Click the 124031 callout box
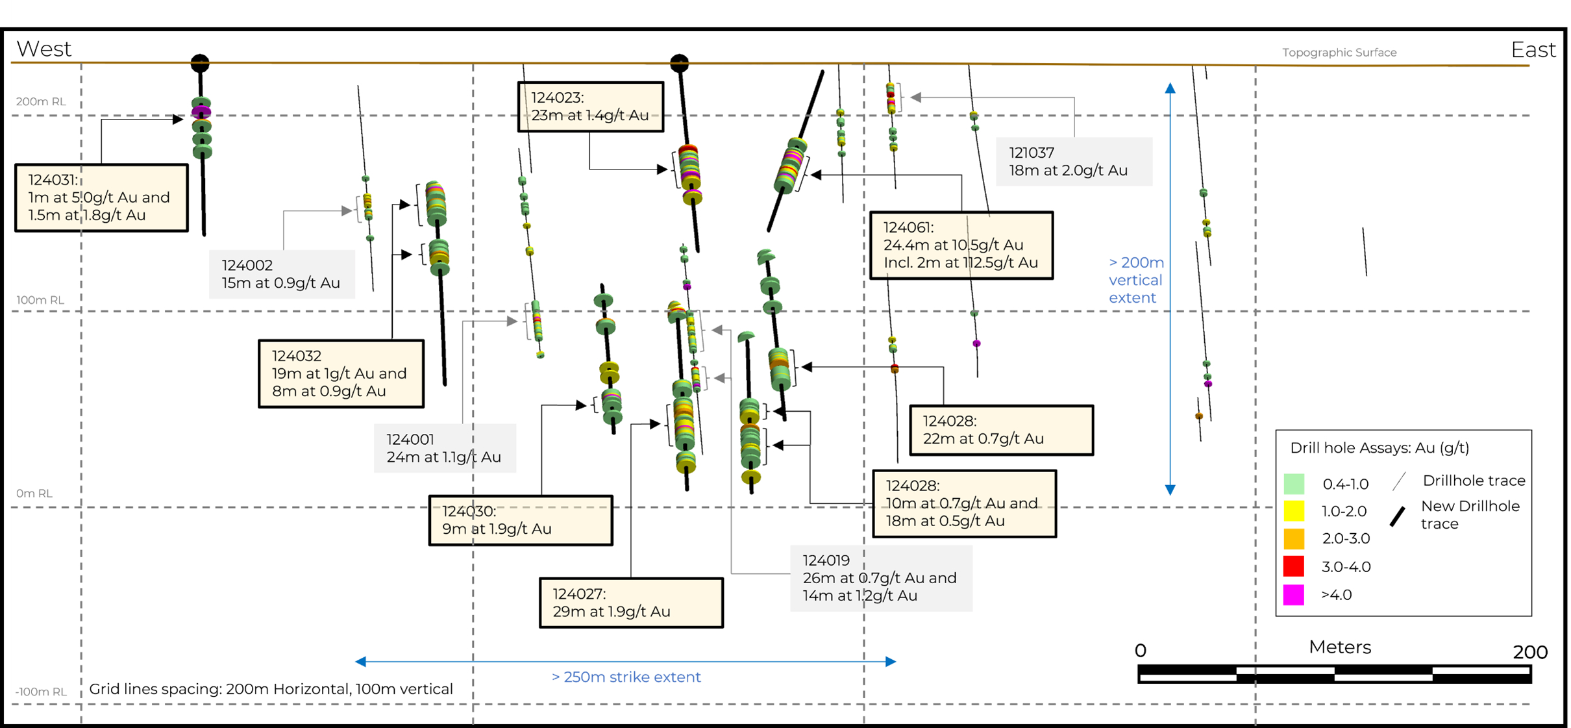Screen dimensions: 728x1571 point(101,197)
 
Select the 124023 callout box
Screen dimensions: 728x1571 point(590,107)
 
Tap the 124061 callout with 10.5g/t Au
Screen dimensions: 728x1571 point(961,245)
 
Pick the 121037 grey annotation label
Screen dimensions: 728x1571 point(1074,161)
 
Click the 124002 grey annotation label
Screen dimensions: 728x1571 point(281,274)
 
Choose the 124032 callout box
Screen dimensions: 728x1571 point(341,373)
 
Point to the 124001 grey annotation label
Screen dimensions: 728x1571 point(445,448)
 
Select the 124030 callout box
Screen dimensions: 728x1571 point(520,520)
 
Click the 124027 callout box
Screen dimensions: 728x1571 point(631,603)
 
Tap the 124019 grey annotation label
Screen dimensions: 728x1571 point(880,578)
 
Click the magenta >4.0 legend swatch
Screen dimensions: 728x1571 point(1293,594)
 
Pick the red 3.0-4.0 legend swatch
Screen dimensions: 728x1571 point(1293,566)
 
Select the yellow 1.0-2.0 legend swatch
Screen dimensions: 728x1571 point(1293,511)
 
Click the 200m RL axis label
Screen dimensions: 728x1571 point(40,101)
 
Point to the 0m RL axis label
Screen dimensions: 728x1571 point(34,494)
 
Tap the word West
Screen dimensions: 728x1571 point(43,49)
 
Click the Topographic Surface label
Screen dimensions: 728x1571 point(1339,53)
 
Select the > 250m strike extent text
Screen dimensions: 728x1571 point(626,677)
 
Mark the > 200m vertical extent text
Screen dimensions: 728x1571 point(1136,280)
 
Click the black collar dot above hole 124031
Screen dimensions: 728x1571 point(200,63)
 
